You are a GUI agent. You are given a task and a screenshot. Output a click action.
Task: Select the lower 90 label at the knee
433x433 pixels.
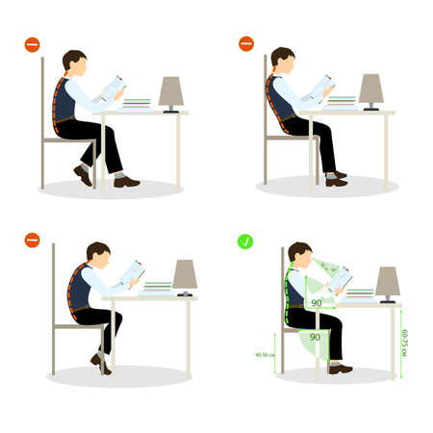tap(315, 337)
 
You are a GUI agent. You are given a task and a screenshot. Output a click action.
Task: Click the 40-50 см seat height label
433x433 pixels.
tap(266, 355)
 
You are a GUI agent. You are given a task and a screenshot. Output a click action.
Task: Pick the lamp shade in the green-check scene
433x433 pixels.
tap(387, 281)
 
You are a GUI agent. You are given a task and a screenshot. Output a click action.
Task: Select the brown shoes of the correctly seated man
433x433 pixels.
tap(340, 369)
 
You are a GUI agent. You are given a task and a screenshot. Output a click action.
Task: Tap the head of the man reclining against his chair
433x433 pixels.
tap(282, 59)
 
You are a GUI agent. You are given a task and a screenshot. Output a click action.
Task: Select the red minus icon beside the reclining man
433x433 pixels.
tap(246, 43)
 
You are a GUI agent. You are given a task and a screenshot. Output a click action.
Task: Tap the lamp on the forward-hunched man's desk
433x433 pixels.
tap(184, 276)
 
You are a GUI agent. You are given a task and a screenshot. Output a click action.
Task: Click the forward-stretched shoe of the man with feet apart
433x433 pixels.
tap(126, 181)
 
